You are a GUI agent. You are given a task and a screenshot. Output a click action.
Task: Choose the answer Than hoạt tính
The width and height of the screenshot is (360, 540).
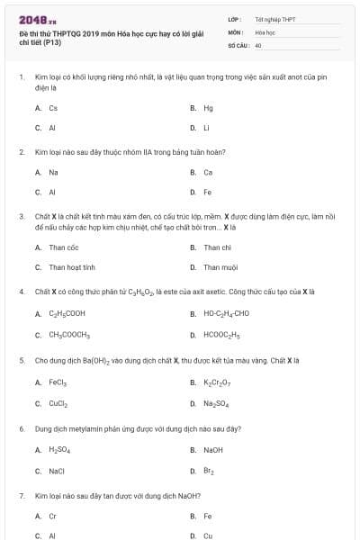(x=72, y=267)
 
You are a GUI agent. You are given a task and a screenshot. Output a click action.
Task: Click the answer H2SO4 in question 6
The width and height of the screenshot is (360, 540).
(x=59, y=450)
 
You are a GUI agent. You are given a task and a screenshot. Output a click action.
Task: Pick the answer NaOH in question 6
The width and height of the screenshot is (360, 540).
(x=213, y=450)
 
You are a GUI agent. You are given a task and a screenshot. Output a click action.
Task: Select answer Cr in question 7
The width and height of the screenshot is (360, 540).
(x=52, y=517)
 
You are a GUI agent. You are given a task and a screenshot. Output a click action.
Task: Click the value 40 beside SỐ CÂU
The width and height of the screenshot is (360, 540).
(x=258, y=45)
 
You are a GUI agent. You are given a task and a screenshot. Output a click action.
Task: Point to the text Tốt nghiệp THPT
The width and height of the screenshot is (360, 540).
(x=270, y=18)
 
